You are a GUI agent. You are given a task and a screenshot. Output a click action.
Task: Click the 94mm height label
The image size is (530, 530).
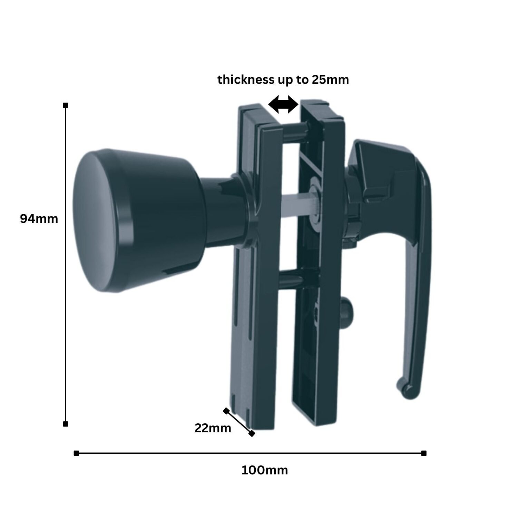[39, 219]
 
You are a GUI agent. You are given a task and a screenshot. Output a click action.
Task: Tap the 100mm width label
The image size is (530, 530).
[264, 470]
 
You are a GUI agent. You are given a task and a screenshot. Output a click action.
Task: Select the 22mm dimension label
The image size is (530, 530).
[213, 428]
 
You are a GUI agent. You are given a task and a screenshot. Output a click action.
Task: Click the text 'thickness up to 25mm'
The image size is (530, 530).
[283, 80]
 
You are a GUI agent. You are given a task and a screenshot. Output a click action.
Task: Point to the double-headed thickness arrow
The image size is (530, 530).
[283, 105]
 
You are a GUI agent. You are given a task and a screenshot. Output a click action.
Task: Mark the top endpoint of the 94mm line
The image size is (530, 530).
[66, 105]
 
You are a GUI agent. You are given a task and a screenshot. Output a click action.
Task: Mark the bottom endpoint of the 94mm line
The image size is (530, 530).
[66, 424]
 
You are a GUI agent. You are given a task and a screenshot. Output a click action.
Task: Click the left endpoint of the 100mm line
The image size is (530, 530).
[76, 453]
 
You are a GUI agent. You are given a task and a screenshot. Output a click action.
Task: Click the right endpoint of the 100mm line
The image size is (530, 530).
[424, 453]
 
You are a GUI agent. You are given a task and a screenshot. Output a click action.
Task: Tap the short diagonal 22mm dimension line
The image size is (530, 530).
[239, 422]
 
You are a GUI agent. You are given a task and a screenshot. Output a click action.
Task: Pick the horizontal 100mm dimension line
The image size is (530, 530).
[250, 453]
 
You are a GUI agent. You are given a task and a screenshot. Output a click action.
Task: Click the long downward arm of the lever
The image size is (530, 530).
[419, 293]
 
